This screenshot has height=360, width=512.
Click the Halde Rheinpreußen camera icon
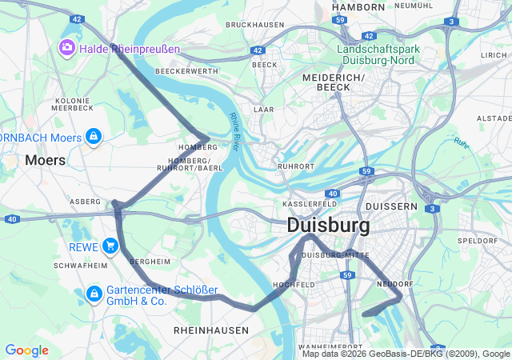pyautogui.click(x=66, y=49)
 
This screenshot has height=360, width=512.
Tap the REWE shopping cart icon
pyautogui.click(x=110, y=246)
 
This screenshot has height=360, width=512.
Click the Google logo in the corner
pyautogui.click(x=26, y=350)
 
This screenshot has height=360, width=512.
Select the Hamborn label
pyautogui.click(x=358, y=6)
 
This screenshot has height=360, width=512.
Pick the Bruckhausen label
pyautogui.click(x=255, y=25)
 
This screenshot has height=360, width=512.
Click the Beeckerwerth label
pyautogui.click(x=186, y=71)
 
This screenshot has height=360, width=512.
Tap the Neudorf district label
pyautogui.click(x=394, y=284)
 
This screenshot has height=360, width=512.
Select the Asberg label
pyautogui.click(x=85, y=202)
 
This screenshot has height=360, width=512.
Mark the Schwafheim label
pyautogui.click(x=80, y=265)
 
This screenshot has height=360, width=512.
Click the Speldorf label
pyautogui.click(x=477, y=240)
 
